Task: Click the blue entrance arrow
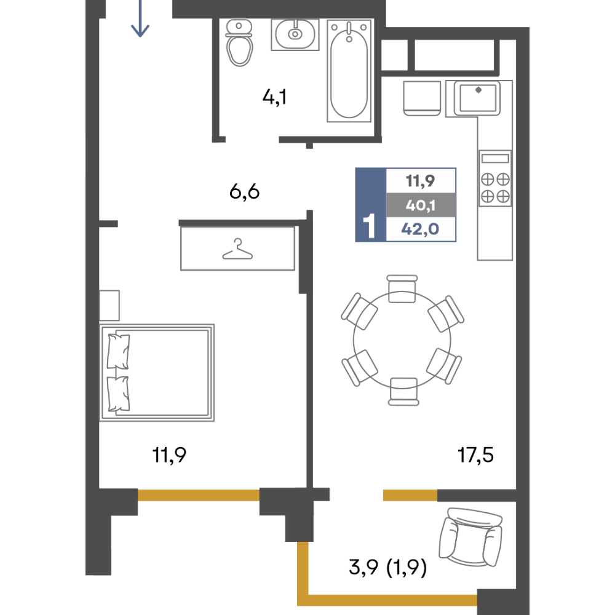pyautogui.click(x=140, y=18)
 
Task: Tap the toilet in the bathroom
pyautogui.click(x=239, y=43)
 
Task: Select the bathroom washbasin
pyautogui.click(x=295, y=34)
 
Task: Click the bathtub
pyautogui.click(x=349, y=71)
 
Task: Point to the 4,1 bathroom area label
pyautogui.click(x=274, y=97)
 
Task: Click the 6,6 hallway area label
pyautogui.click(x=244, y=192)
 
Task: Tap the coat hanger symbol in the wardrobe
pyautogui.click(x=237, y=249)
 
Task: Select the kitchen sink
pyautogui.click(x=477, y=98)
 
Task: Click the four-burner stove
pyautogui.click(x=495, y=178)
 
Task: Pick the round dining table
pyautogui.click(x=402, y=340)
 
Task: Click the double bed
pyautogui.click(x=157, y=373)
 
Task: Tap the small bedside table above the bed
pyautogui.click(x=109, y=306)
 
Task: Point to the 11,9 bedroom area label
pyautogui.click(x=169, y=455)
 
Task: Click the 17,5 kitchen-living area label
pyautogui.click(x=475, y=455)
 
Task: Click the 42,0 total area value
pyautogui.click(x=420, y=229)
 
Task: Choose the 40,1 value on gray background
pyautogui.click(x=421, y=205)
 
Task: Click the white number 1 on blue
pyautogui.click(x=369, y=226)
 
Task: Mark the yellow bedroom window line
pyautogui.click(x=199, y=495)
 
